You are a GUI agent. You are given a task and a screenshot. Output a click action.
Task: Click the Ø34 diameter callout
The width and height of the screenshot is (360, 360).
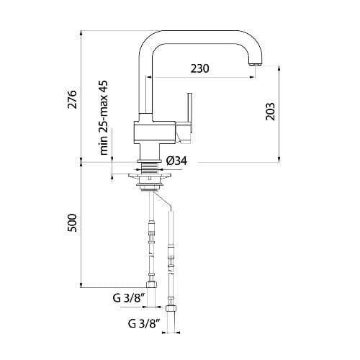[176, 161]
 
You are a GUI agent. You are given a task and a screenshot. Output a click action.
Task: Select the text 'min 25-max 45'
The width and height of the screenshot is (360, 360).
[104, 118]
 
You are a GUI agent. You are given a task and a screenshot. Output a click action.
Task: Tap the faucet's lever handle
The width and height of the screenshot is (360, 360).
[189, 112]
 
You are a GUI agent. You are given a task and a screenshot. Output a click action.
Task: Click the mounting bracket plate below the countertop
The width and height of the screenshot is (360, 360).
[149, 176]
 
